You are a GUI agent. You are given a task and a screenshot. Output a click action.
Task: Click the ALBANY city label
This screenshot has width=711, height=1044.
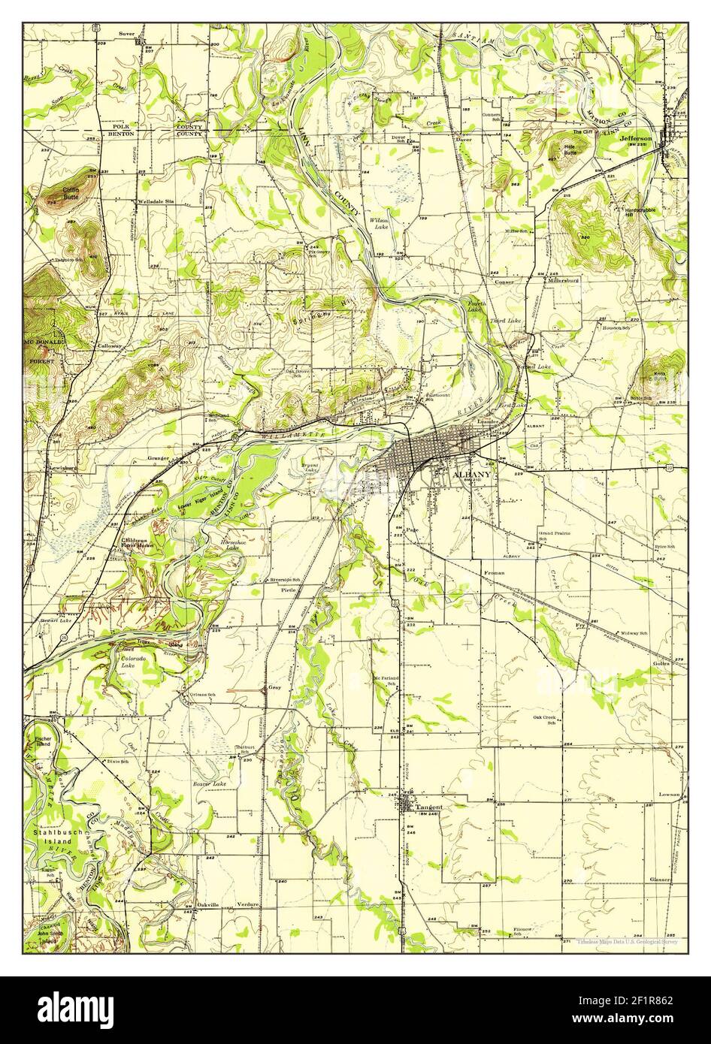[471, 475]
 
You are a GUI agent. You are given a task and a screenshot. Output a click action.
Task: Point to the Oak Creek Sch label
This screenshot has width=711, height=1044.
[547, 720]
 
